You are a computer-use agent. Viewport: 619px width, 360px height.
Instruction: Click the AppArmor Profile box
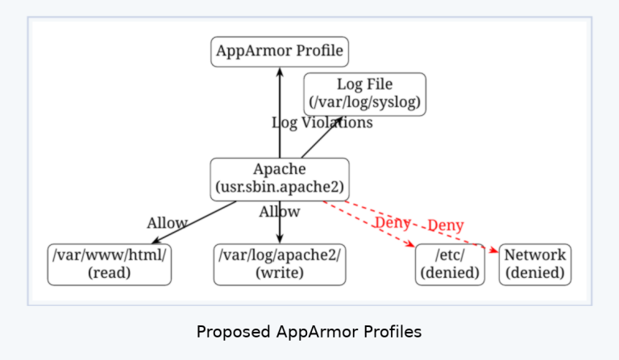(x=280, y=52)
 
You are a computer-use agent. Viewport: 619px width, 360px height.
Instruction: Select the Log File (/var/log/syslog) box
(x=364, y=94)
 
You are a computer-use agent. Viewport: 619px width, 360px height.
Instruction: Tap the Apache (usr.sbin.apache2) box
(x=280, y=179)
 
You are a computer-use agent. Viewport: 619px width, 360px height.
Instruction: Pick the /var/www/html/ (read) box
(x=110, y=264)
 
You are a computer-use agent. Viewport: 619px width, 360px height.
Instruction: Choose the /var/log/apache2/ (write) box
(x=280, y=264)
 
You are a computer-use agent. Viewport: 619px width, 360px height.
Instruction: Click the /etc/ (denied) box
(x=450, y=264)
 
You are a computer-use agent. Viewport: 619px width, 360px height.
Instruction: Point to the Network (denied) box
(x=535, y=264)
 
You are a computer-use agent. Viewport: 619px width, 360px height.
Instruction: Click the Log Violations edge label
(x=322, y=122)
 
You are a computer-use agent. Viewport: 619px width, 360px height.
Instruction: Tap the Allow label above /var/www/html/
(x=167, y=223)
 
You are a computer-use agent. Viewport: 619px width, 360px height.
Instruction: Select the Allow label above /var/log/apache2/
(x=280, y=212)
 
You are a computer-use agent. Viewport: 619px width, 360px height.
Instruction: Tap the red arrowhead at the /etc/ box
(x=410, y=244)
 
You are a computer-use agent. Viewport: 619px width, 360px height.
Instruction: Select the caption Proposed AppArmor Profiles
(x=309, y=332)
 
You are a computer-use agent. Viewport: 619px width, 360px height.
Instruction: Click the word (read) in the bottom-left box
(x=110, y=273)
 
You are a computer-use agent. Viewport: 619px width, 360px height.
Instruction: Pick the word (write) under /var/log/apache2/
(x=280, y=273)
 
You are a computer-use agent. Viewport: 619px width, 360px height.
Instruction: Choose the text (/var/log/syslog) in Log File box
(x=364, y=103)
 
